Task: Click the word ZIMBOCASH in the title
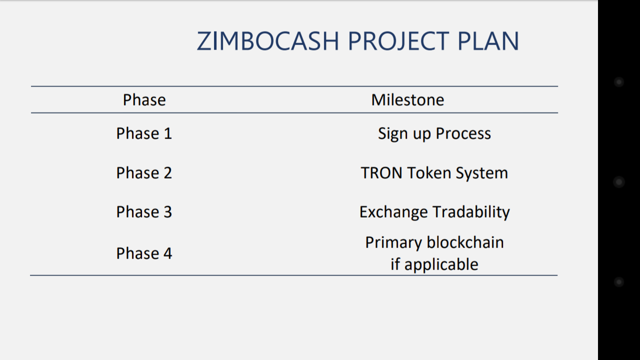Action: click(x=267, y=41)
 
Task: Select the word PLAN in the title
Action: click(x=488, y=41)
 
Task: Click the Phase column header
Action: click(x=144, y=100)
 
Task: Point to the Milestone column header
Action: click(x=407, y=100)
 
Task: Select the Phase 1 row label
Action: click(x=144, y=133)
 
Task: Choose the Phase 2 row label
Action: click(x=144, y=173)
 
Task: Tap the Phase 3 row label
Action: click(x=144, y=212)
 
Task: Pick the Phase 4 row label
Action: click(x=144, y=253)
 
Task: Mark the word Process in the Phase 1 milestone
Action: click(x=463, y=133)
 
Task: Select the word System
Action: click(x=482, y=173)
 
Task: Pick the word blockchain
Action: click(x=465, y=242)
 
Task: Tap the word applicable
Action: click(x=441, y=265)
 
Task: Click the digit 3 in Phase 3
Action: click(x=167, y=212)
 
